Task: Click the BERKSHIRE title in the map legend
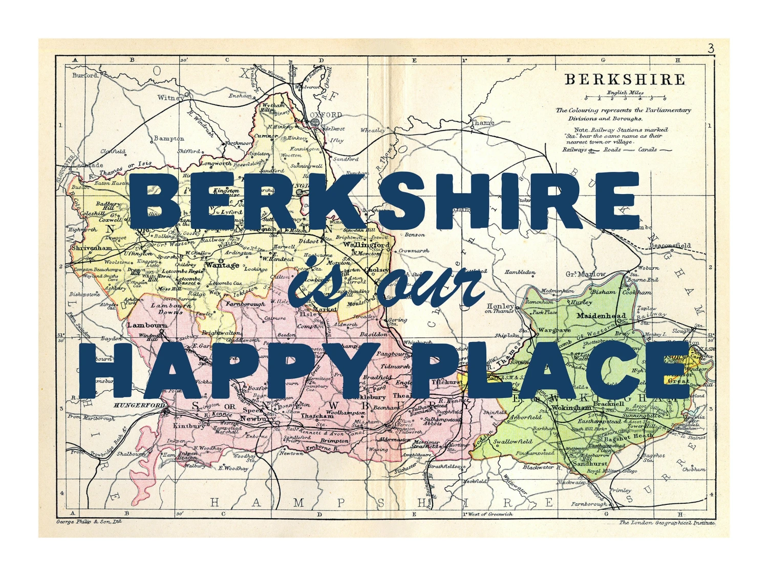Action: [624, 80]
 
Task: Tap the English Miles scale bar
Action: [625, 97]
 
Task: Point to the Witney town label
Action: [170, 97]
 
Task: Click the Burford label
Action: [85, 75]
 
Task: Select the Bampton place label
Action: [169, 138]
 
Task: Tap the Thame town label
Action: [483, 122]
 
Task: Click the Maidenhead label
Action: [601, 315]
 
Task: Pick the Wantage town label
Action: [222, 265]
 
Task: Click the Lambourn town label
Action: [147, 325]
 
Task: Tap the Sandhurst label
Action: [589, 463]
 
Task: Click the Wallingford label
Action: [366, 245]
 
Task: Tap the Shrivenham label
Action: [92, 248]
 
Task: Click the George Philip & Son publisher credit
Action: [89, 522]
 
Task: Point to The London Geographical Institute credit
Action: [667, 522]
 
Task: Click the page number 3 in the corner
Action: [711, 49]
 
